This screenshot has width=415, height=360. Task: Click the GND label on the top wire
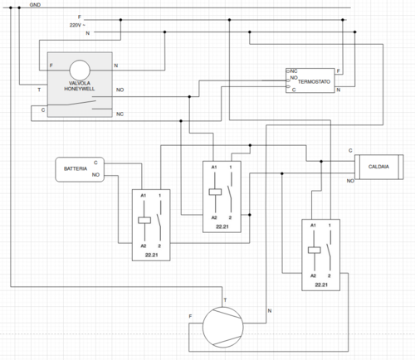(x=35, y=4)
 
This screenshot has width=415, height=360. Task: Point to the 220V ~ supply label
(x=76, y=25)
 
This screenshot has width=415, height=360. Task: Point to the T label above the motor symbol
(x=225, y=299)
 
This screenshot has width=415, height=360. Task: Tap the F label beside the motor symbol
(x=191, y=316)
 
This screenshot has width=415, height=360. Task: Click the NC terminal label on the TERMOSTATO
(x=294, y=71)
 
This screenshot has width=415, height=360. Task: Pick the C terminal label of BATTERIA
(x=96, y=163)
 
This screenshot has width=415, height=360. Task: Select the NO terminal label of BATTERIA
(x=96, y=175)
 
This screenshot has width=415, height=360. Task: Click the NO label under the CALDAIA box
(x=351, y=180)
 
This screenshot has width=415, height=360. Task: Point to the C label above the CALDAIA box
(x=350, y=150)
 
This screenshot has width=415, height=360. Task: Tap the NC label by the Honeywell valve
(x=120, y=113)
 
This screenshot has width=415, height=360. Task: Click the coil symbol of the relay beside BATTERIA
(x=142, y=220)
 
